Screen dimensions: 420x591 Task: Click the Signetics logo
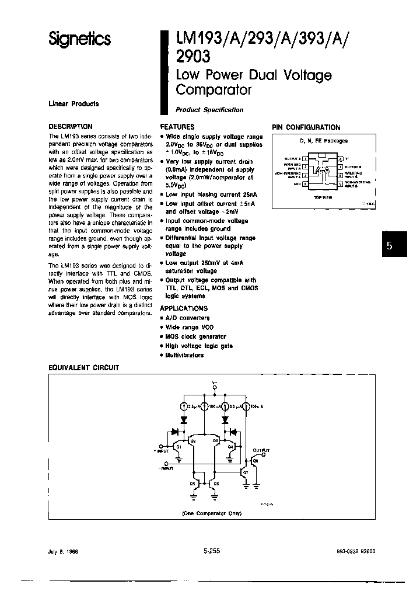tap(79, 39)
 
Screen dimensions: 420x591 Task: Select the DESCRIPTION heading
tap(70, 126)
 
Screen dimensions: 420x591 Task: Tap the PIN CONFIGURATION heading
tap(306, 127)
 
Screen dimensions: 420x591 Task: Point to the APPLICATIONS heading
tap(184, 308)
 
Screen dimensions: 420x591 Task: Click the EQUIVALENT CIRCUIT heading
tap(83, 367)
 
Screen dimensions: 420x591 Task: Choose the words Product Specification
tap(209, 110)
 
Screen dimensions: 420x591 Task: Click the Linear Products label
tap(73, 104)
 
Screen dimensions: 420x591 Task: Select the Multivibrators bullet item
tap(184, 355)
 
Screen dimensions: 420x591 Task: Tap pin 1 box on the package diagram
tap(304, 159)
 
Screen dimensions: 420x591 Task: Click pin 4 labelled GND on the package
tap(304, 184)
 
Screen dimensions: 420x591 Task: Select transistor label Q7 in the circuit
tap(246, 471)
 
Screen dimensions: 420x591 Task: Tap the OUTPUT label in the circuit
tap(262, 451)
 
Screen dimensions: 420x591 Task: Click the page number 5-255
tap(212, 550)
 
